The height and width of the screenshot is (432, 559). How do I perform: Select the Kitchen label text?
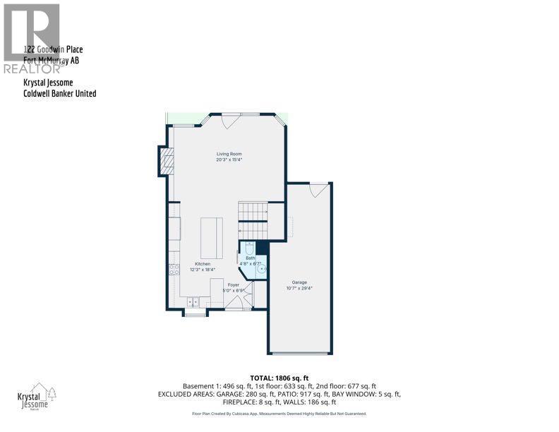click(203, 264)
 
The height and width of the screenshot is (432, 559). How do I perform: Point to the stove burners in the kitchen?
click(174, 269)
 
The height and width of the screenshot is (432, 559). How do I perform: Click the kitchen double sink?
click(193, 301)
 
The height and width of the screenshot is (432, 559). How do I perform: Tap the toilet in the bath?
click(248, 247)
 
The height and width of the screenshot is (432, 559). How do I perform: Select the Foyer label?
click(234, 284)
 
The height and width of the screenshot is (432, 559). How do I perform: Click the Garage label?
click(299, 282)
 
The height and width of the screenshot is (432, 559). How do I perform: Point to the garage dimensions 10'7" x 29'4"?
click(299, 288)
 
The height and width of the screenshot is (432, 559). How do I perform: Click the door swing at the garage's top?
click(319, 190)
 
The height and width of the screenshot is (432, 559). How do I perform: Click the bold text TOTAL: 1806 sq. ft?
click(279, 378)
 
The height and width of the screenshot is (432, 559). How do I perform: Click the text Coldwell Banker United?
click(59, 93)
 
